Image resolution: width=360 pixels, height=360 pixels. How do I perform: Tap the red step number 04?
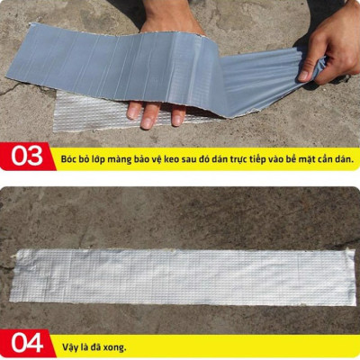tap(28, 344)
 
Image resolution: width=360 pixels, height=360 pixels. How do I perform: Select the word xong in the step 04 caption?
tap(112, 345)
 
